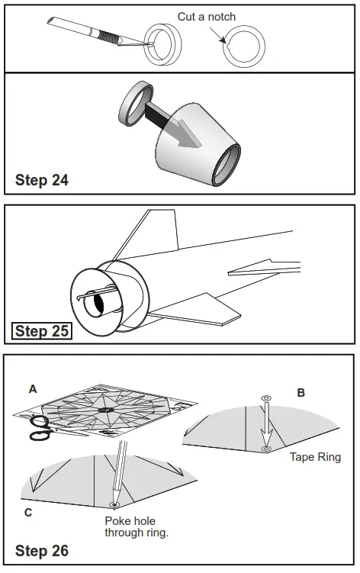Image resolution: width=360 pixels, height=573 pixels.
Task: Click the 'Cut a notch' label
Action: pyautogui.click(x=207, y=17)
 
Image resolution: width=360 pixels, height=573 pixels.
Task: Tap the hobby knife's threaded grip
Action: pyautogui.click(x=109, y=37)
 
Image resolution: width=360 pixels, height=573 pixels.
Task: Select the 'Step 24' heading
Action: pyautogui.click(x=42, y=180)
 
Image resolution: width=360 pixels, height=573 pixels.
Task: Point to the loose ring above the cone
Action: pyautogui.click(x=136, y=105)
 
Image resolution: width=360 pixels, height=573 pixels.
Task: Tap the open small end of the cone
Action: pyautogui.click(x=227, y=165)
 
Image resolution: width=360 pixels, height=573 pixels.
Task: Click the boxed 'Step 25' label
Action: pyautogui.click(x=42, y=331)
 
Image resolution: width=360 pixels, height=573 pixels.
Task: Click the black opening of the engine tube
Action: pyautogui.click(x=98, y=303)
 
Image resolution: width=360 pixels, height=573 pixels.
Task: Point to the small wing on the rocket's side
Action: pyautogui.click(x=264, y=268)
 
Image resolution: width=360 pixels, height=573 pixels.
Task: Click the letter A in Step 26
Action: pyautogui.click(x=33, y=389)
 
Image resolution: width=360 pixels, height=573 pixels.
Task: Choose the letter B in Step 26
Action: pyautogui.click(x=301, y=393)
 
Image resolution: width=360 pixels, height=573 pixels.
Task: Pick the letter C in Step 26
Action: pyautogui.click(x=28, y=513)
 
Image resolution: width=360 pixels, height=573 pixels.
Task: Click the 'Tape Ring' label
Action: pyautogui.click(x=316, y=457)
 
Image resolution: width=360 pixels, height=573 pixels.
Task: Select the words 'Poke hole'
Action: pyautogui.click(x=130, y=521)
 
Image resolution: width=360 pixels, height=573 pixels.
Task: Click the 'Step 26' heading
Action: pyautogui.click(x=42, y=551)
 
